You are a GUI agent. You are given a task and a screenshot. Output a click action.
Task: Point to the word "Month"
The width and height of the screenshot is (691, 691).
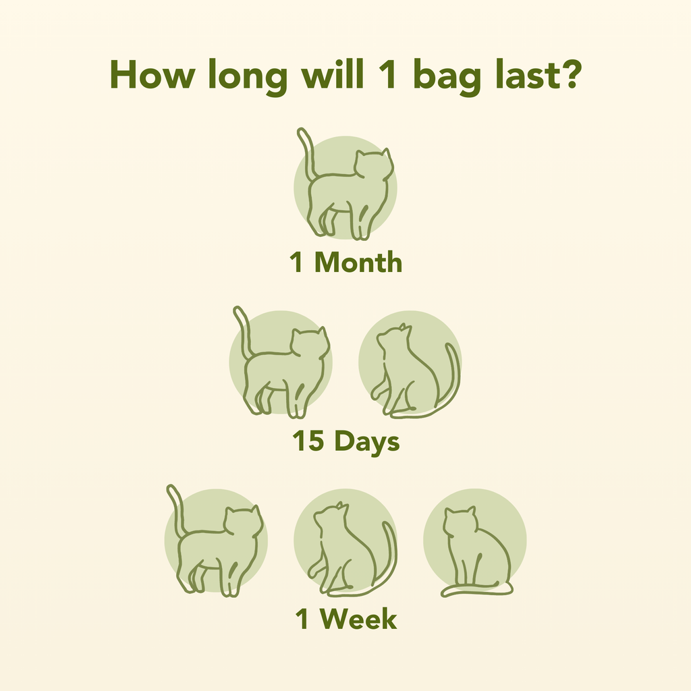pos(358,262)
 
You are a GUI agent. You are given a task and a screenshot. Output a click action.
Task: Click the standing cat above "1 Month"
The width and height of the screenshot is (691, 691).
pos(348,192)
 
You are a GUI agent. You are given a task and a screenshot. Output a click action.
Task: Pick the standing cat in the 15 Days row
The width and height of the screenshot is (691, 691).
pos(283,371)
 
